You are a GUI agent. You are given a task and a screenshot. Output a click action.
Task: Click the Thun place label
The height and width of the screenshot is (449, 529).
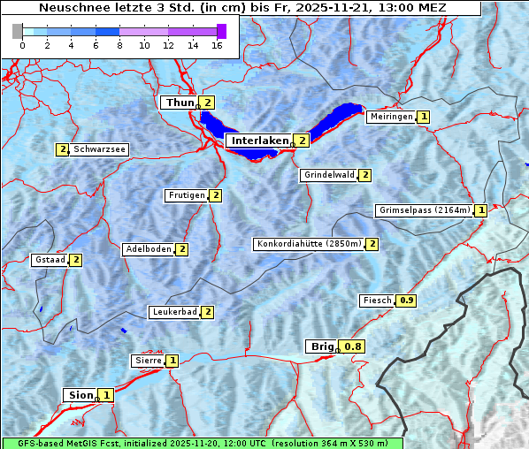click(180, 103)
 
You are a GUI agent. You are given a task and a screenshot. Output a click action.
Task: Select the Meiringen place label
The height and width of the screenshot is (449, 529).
click(390, 117)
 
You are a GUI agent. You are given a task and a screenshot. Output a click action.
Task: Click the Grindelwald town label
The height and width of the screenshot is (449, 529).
click(328, 175)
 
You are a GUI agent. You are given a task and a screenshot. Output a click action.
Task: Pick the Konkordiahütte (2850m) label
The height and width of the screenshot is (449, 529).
click(309, 244)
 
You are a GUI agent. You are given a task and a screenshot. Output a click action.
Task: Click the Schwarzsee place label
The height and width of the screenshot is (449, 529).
click(100, 149)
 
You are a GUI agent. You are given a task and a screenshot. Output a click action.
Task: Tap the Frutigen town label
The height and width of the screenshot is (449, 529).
click(186, 195)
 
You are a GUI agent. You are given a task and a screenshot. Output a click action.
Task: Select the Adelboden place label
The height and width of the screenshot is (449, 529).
click(148, 249)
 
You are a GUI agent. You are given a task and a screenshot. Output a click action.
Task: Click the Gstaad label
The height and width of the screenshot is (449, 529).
click(50, 260)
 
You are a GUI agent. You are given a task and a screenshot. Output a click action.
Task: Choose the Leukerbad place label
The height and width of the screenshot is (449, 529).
click(173, 312)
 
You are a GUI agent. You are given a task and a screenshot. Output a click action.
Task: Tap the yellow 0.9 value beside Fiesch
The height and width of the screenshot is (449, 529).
click(407, 301)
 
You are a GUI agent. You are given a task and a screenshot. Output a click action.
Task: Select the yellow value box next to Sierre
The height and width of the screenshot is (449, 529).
click(172, 361)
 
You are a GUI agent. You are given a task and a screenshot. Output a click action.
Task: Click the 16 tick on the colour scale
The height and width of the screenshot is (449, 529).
click(216, 45)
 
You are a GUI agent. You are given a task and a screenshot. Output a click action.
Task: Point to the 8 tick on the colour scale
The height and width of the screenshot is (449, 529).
click(119, 45)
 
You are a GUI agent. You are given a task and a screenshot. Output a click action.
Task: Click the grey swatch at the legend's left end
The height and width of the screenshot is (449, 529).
click(18, 31)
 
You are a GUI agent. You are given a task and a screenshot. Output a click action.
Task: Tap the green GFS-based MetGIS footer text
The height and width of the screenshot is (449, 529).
click(202, 443)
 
